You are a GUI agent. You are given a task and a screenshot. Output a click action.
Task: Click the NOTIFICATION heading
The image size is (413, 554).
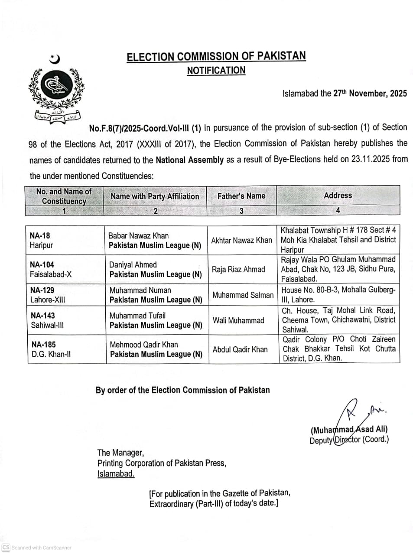216,71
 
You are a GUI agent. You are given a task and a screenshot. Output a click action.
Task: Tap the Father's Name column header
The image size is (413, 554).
241,196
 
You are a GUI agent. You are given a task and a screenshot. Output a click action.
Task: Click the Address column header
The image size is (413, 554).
338,196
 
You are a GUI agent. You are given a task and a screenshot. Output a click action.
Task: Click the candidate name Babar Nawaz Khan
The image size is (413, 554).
138,235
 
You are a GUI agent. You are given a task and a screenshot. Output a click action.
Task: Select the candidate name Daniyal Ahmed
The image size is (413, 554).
133,264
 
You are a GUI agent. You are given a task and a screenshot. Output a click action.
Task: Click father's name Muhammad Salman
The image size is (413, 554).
243,295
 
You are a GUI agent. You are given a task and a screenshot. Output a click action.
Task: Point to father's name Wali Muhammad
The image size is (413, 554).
238,320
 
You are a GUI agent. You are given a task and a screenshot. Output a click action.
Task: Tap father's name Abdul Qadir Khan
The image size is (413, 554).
240,349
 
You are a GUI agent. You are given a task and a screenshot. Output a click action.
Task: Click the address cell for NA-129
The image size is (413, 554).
338,295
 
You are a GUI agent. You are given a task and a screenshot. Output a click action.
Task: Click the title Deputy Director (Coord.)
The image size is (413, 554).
349,440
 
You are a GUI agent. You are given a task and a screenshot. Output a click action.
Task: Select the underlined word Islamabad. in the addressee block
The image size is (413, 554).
116,473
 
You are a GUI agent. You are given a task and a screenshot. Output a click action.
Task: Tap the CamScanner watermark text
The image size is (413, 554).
41,548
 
